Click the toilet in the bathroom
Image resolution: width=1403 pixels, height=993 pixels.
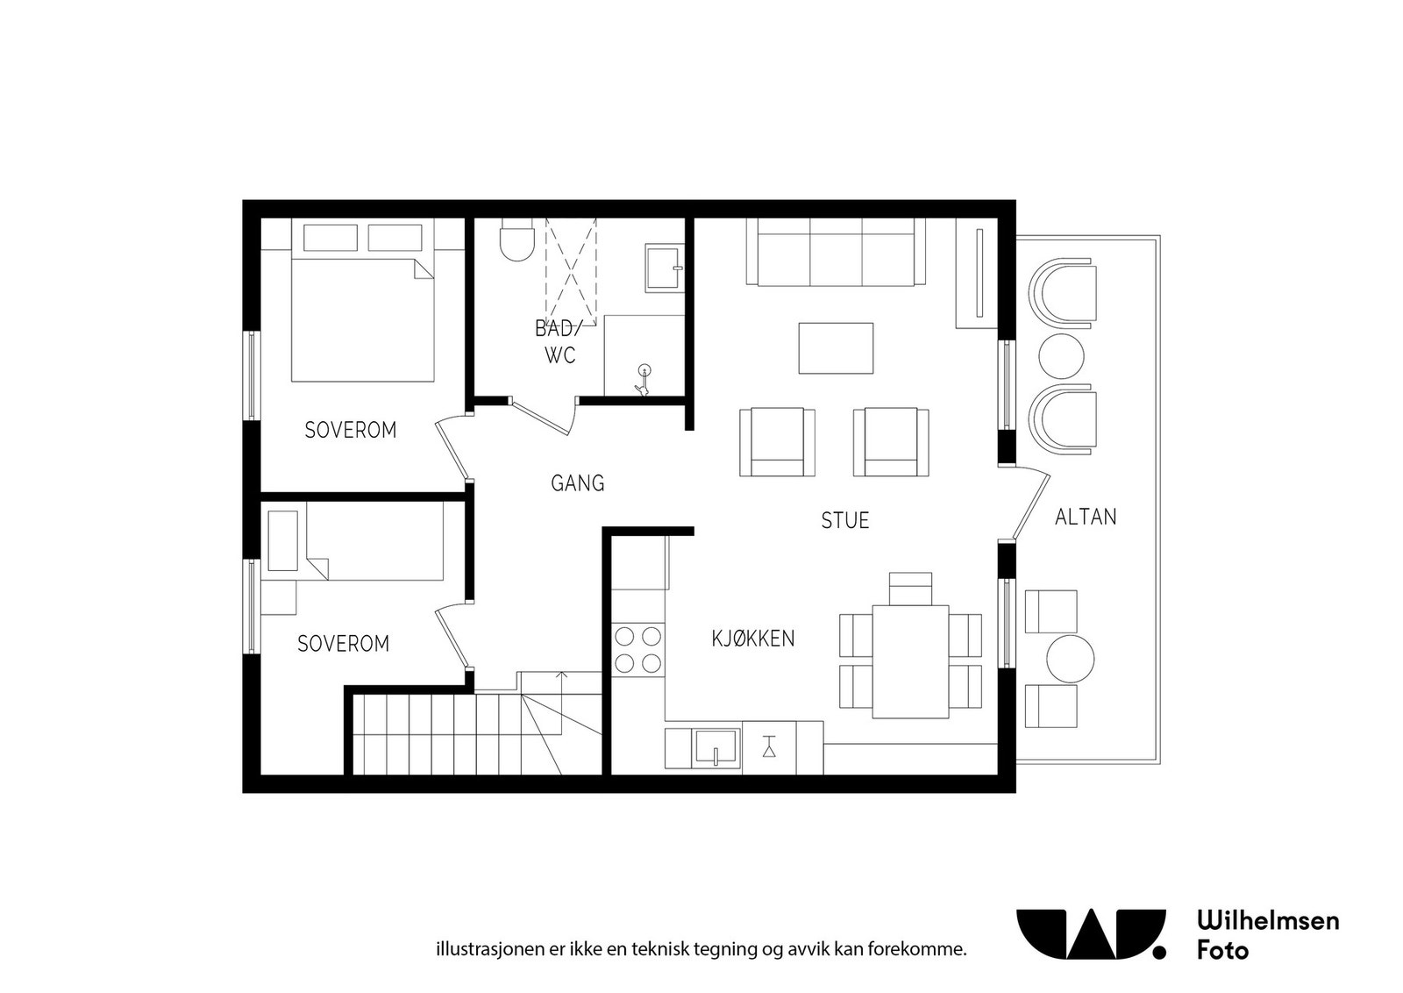(516, 243)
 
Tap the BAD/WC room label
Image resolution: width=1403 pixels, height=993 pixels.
(559, 342)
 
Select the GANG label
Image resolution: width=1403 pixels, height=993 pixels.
(577, 483)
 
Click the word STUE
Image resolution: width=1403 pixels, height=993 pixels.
(845, 521)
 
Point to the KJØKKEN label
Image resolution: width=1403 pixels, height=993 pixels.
(752, 639)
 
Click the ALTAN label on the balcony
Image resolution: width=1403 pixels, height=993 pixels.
(1086, 518)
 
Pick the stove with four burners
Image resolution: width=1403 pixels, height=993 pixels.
(637, 649)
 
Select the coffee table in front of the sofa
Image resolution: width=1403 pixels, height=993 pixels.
(836, 348)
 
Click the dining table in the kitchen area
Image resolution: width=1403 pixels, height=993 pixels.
(910, 661)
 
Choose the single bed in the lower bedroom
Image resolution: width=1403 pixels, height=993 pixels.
(373, 541)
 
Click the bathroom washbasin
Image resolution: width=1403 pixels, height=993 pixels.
(664, 268)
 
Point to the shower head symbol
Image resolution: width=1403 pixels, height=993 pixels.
(645, 372)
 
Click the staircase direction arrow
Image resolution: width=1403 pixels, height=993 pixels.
(562, 676)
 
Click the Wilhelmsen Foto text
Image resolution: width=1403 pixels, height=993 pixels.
(1267, 935)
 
